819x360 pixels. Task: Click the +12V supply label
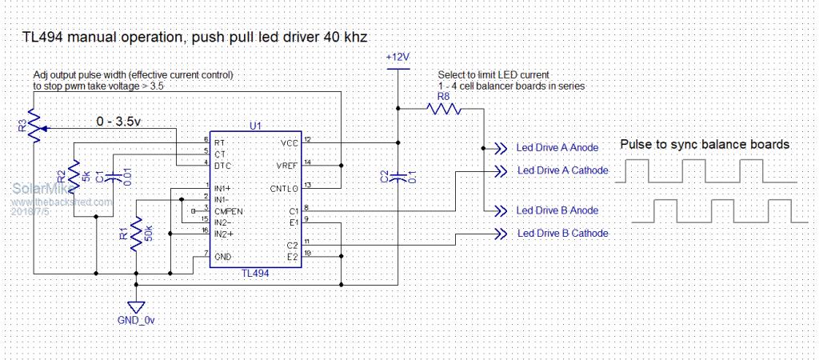(398, 58)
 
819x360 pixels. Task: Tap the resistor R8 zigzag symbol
(442, 110)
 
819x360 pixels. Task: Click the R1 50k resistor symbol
(137, 233)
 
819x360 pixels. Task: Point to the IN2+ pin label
(225, 233)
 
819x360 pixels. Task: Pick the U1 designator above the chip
(255, 126)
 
